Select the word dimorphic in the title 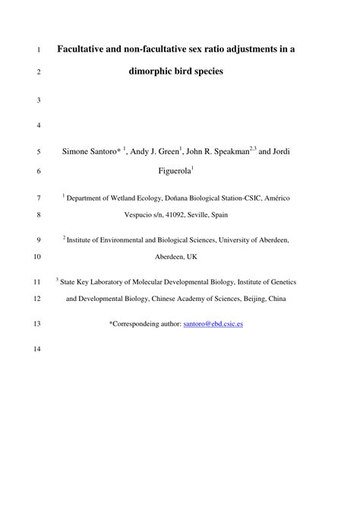pos(153,74)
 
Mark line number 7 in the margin pos(38,198)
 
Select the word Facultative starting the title pos(86,50)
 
